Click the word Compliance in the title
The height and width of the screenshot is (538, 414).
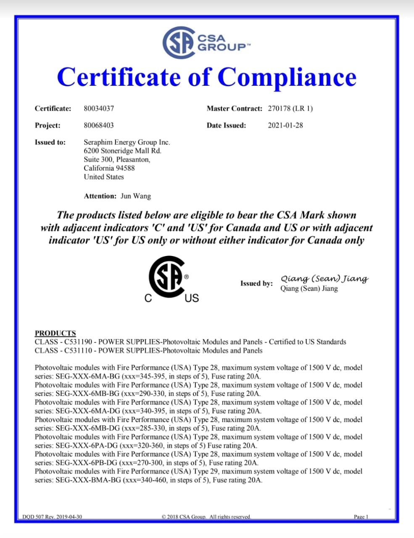coord(287,77)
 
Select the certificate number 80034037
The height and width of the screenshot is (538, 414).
coord(99,108)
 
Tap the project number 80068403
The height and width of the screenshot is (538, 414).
coord(99,125)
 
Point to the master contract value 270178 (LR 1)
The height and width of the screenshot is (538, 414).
coord(290,108)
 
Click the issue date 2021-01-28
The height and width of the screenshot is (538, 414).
coord(285,125)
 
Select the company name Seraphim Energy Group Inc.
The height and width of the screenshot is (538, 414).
coord(127,142)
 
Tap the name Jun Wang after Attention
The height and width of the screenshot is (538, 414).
coord(135,196)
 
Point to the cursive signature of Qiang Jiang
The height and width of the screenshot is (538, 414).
coord(324,279)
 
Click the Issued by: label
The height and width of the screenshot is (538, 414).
coord(256,283)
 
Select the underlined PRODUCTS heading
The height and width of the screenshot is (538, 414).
coord(55,333)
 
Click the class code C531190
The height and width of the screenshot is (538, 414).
coord(78,342)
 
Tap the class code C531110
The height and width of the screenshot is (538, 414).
coord(78,351)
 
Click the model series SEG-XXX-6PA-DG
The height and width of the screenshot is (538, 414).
coord(87,446)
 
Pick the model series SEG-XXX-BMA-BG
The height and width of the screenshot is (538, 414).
coord(88,480)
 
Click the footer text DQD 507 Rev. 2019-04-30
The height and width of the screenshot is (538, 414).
coord(52,517)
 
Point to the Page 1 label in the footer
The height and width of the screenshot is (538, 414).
coord(361,517)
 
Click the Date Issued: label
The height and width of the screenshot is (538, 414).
coord(226,125)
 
